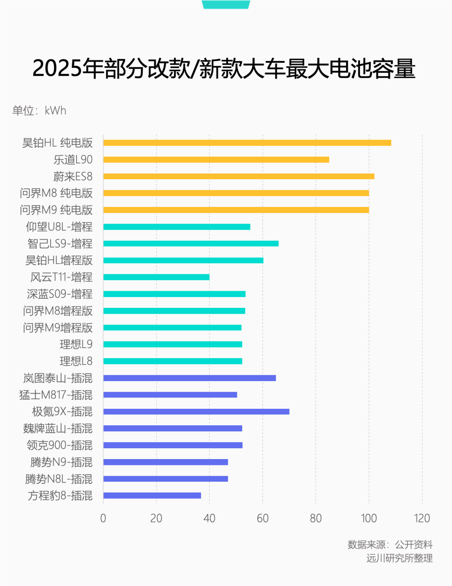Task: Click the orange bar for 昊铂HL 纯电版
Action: tap(247, 143)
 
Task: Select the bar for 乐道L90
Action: tap(216, 160)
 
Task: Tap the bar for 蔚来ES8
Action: tap(239, 176)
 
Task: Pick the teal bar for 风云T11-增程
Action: tap(156, 277)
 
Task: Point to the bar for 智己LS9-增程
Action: tap(191, 244)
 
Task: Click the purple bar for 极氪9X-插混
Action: tap(196, 412)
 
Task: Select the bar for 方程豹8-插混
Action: tap(152, 496)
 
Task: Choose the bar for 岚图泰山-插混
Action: tap(190, 378)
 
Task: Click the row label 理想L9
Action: tap(76, 344)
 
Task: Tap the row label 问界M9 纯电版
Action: tap(56, 210)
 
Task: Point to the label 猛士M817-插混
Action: tap(56, 395)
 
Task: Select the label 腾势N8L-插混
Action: tap(59, 479)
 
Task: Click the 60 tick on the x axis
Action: tap(262, 518)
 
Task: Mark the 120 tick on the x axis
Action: tap(422, 518)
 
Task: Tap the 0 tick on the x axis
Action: tap(103, 518)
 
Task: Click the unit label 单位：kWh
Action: tap(39, 111)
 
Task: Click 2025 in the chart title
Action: tap(56, 68)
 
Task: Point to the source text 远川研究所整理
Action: tap(399, 558)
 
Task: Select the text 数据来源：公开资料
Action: tap(390, 545)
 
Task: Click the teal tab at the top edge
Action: tap(226, 4)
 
